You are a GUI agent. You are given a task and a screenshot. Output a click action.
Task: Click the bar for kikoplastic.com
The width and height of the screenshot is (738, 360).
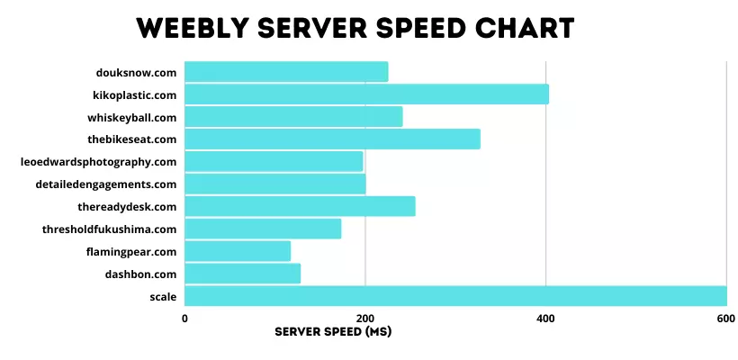(366, 94)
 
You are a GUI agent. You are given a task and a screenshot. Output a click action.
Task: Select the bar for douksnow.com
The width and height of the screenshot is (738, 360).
(286, 71)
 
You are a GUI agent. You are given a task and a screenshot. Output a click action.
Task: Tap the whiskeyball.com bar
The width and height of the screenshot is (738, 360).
(293, 116)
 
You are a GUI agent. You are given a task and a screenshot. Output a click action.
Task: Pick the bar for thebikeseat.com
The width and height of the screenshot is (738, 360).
(332, 139)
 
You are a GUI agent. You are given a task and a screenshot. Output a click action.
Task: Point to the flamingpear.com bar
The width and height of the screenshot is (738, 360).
(238, 251)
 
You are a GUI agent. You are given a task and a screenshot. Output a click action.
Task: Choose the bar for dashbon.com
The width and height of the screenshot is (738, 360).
(242, 274)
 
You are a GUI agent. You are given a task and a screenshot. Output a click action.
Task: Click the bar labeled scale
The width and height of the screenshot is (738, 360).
(455, 296)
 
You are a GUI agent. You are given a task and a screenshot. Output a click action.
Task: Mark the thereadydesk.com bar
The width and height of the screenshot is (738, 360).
(300, 206)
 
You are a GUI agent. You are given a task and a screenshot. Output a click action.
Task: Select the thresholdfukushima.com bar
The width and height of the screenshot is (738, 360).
(263, 229)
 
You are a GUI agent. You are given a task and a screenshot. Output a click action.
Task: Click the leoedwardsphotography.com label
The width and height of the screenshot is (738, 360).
(98, 162)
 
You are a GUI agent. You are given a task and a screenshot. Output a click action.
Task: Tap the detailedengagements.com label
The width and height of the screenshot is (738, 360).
(101, 184)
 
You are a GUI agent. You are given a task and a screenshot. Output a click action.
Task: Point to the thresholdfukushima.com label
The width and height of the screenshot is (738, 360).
(109, 229)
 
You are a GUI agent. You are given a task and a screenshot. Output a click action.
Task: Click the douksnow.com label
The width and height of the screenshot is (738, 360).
(136, 72)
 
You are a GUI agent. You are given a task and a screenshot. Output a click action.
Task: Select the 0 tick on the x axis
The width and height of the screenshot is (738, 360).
(184, 319)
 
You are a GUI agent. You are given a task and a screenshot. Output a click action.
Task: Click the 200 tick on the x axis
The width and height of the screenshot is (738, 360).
(365, 319)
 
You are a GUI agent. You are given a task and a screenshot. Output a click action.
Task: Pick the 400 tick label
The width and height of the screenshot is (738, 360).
(545, 319)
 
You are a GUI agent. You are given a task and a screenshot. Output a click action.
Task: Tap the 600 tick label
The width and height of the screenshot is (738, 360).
(725, 319)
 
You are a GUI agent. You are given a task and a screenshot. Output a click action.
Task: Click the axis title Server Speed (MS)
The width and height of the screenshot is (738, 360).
(333, 331)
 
